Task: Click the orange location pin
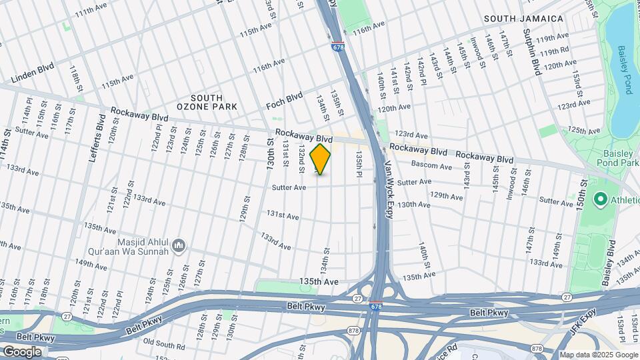tap(321, 159)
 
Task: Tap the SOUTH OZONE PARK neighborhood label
tap(198, 102)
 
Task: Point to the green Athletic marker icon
tap(600, 199)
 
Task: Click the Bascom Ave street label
tap(432, 165)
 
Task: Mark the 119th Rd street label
tap(554, 51)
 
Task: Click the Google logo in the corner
tap(22, 351)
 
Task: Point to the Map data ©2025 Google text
tap(597, 355)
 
